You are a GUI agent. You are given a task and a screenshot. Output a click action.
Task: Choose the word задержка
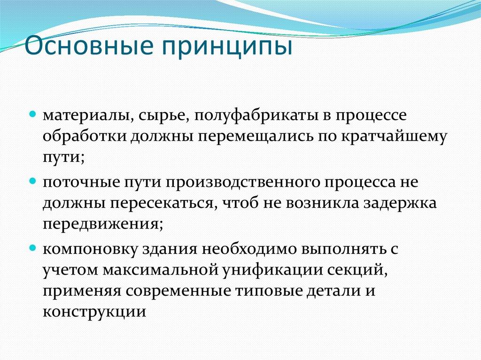403,203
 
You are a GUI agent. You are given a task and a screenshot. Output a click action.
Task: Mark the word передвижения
102,224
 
